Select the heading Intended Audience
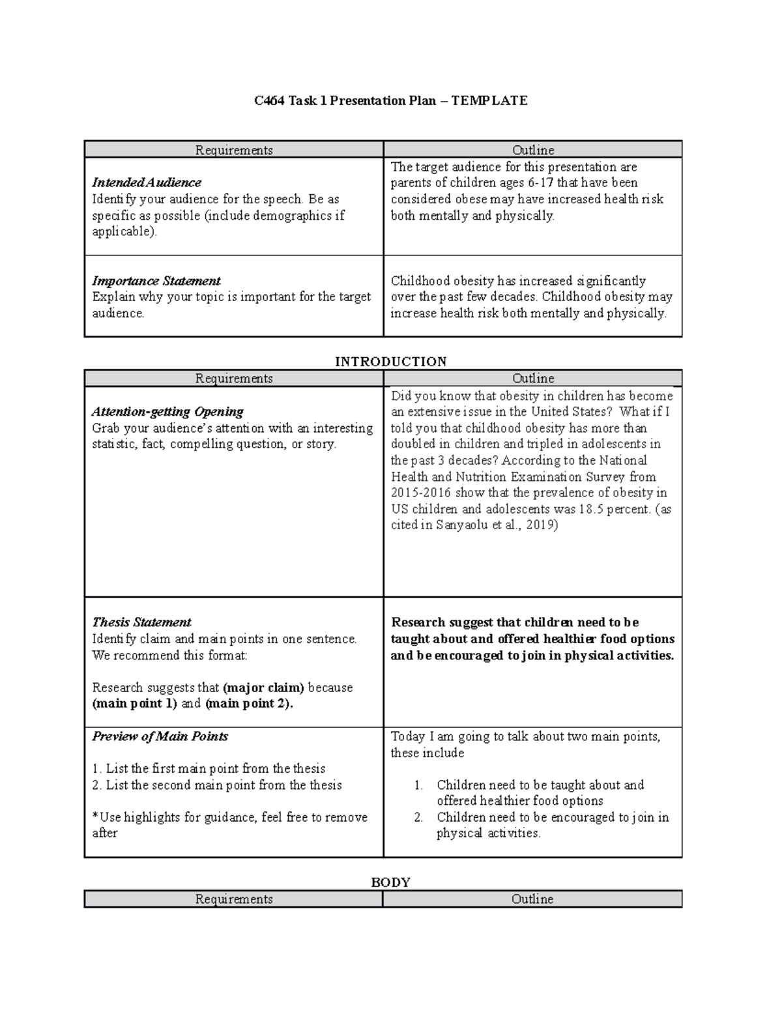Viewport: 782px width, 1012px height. pyautogui.click(x=146, y=182)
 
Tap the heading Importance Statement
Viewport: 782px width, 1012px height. pyautogui.click(x=156, y=281)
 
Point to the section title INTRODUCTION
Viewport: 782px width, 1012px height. pyautogui.click(x=390, y=362)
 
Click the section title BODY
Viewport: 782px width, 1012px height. pyautogui.click(x=390, y=882)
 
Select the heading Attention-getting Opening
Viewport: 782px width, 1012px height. pyautogui.click(x=167, y=412)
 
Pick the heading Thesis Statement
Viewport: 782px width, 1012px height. pyautogui.click(x=141, y=622)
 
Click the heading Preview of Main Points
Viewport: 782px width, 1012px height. pyautogui.click(x=160, y=736)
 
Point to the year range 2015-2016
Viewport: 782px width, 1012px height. pyautogui.click(x=420, y=493)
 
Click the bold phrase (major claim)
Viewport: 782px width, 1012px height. pyautogui.click(x=263, y=687)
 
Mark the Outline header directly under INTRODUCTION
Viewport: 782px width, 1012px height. pyautogui.click(x=532, y=379)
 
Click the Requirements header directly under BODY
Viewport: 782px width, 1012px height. pyautogui.click(x=233, y=899)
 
